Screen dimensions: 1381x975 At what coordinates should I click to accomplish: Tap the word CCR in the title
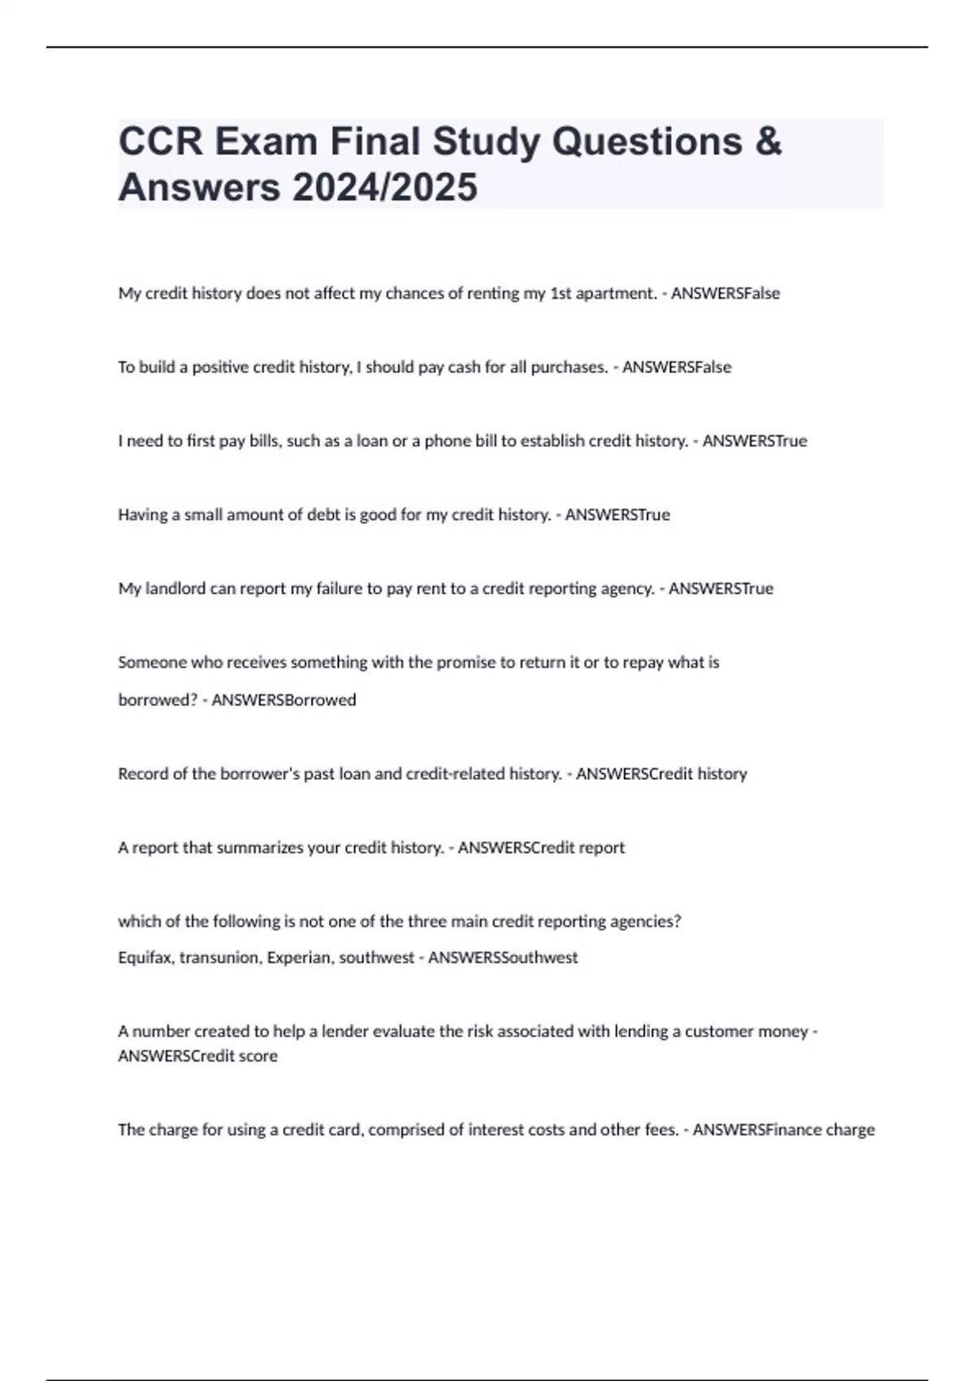[160, 141]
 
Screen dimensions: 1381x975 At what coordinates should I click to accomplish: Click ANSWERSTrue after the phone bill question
[755, 441]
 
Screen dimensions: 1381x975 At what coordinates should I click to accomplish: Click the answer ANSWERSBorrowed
[284, 699]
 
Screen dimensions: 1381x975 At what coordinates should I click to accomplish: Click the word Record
[143, 773]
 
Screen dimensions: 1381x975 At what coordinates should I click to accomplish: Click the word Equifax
[145, 958]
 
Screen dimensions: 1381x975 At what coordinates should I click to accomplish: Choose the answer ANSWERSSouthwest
[503, 958]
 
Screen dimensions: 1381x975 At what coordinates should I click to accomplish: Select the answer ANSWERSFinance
[756, 1130]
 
